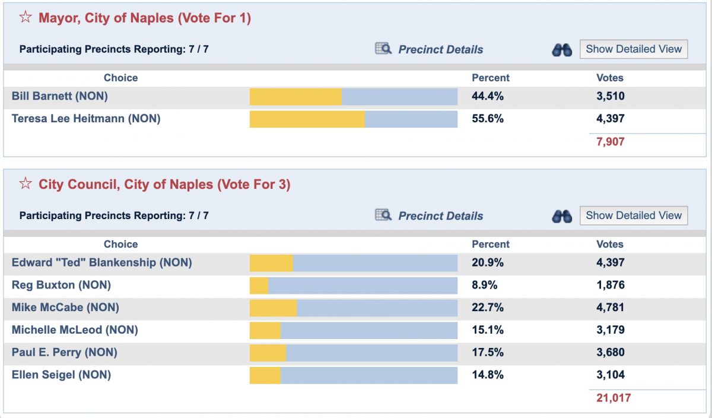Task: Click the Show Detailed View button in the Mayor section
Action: [634, 49]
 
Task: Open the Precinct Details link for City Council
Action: [440, 216]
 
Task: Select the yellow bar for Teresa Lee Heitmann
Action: [307, 119]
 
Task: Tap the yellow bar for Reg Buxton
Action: [259, 286]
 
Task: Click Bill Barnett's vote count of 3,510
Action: [610, 96]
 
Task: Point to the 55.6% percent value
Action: [487, 119]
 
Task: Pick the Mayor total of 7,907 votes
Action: [610, 142]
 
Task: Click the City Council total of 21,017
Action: [613, 398]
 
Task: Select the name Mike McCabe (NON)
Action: [65, 308]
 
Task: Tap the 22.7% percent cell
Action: [487, 308]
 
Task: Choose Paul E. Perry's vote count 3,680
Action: [610, 353]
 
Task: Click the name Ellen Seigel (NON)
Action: [61, 375]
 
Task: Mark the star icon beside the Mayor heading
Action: [26, 18]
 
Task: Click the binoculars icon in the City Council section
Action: [561, 216]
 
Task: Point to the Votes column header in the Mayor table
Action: [609, 78]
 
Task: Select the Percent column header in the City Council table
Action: [490, 244]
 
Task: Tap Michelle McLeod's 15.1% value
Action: [487, 330]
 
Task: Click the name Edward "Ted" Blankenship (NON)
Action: [101, 262]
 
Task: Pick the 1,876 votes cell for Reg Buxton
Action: [610, 285]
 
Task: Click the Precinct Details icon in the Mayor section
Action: [383, 49]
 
